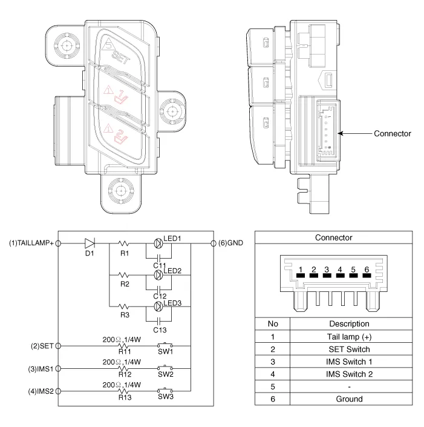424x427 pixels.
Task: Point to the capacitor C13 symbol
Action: (x=158, y=319)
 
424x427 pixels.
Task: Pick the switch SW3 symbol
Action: (x=165, y=389)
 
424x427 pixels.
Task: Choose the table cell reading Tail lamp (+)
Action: (x=349, y=337)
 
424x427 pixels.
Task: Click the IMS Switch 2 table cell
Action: (x=349, y=374)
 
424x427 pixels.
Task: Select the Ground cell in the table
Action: (x=349, y=399)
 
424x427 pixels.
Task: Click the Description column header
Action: (x=349, y=324)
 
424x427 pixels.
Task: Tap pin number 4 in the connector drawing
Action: (x=339, y=270)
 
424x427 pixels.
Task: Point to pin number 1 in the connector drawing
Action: (x=300, y=270)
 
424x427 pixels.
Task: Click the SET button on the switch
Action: (x=120, y=53)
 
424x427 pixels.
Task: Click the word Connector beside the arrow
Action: (x=392, y=133)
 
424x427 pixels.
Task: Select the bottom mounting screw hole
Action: (x=121, y=191)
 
